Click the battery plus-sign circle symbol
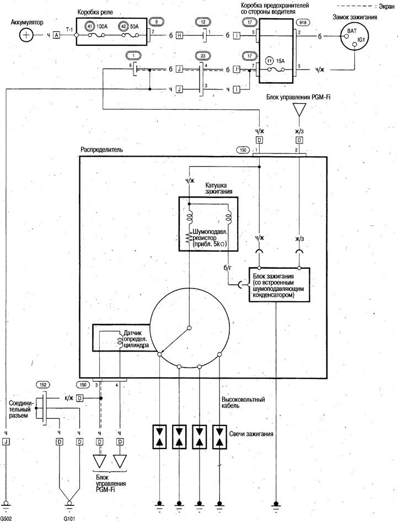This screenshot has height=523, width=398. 26,35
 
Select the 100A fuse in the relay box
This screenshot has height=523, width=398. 94,35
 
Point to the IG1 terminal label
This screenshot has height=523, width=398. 362,39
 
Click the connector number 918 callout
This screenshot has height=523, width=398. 303,23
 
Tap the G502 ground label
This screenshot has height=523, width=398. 6,519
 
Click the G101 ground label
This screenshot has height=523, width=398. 69,519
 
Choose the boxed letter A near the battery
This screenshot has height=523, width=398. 57,35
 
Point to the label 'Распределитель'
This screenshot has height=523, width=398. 101,149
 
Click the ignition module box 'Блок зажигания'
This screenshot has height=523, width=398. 279,285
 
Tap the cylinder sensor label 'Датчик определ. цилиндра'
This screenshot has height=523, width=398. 137,339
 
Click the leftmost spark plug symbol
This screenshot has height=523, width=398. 159,436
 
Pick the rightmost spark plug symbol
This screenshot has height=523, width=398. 219,436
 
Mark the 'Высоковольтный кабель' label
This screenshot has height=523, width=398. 243,403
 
